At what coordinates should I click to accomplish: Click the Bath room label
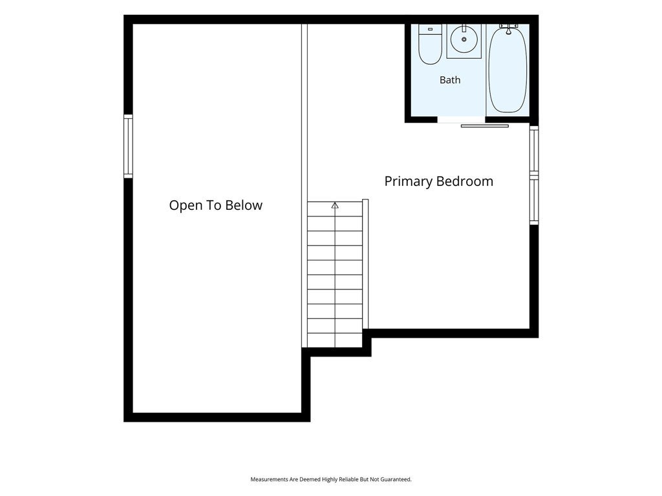coord(450,79)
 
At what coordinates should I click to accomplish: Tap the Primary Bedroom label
coord(439,181)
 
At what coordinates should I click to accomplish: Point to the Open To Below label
coord(216,205)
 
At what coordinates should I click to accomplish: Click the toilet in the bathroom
coord(430,45)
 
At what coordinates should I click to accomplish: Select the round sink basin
coord(464,39)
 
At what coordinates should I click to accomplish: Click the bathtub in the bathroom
coord(507,68)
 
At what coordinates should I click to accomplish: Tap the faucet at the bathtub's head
coord(509,28)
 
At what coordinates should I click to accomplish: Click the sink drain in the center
coord(464,39)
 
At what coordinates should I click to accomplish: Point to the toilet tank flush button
coord(430,29)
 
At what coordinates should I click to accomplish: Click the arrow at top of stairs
coord(335,205)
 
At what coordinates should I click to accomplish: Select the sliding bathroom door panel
coord(485,126)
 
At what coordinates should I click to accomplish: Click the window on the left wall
coord(128,147)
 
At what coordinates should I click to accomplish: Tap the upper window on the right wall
coord(534,149)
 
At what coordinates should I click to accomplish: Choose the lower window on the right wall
coord(534,200)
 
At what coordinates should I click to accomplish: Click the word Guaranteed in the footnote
coord(396,480)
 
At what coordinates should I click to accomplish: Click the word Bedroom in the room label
coord(465,181)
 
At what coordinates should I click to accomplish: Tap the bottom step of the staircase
coord(335,340)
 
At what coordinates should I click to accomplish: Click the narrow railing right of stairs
coord(366,264)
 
